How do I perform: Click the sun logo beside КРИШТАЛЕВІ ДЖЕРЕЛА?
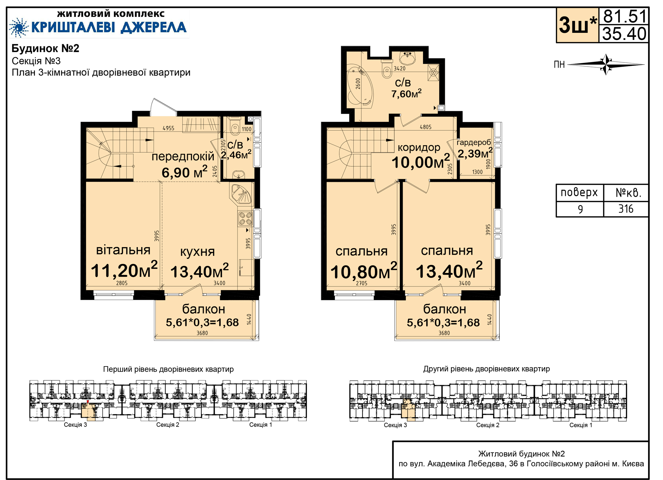pyautogui.click(x=19, y=27)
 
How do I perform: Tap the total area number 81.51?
pyautogui.click(x=624, y=16)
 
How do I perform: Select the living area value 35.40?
pyautogui.click(x=624, y=34)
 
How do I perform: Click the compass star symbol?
pyautogui.click(x=606, y=64)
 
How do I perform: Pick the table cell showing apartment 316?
pyautogui.click(x=626, y=209)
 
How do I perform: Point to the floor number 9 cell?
pyautogui.click(x=580, y=209)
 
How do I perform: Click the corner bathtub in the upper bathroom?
pyautogui.click(x=360, y=86)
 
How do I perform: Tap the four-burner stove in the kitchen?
pyautogui.click(x=245, y=218)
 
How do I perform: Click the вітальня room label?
pyautogui.click(x=123, y=250)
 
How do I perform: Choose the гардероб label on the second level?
pyautogui.click(x=474, y=143)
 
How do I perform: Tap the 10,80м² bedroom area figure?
pyautogui.click(x=364, y=271)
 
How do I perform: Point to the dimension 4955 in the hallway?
pyautogui.click(x=169, y=128)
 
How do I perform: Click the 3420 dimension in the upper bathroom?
pyautogui.click(x=400, y=68)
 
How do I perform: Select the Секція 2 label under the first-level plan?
pyautogui.click(x=168, y=425)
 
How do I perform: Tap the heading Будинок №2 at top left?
pyautogui.click(x=46, y=48)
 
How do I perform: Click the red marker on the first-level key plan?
pyautogui.click(x=88, y=402)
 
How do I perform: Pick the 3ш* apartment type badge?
pyautogui.click(x=577, y=25)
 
